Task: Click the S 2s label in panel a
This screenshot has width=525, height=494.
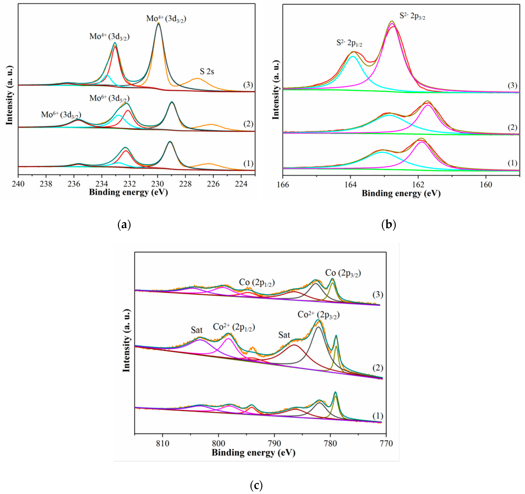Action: (207, 71)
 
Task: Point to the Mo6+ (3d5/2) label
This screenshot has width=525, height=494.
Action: (109, 98)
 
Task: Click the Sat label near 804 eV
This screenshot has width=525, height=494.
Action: (197, 330)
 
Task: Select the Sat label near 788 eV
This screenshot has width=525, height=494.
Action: (284, 335)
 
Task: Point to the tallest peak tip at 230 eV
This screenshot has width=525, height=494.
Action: (158, 23)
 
